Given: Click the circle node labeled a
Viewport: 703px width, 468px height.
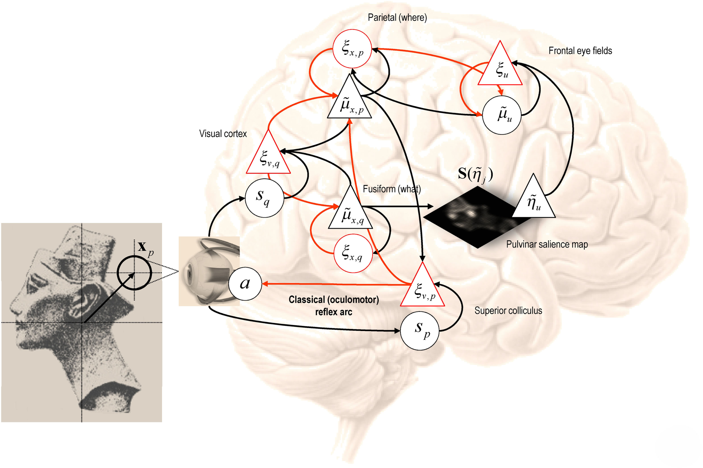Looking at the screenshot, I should coord(245,284).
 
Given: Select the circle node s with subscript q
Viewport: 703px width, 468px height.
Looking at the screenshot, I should coord(264,198).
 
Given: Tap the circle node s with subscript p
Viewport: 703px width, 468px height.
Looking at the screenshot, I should coord(420,330).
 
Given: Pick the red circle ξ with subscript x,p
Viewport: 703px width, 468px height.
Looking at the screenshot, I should coord(352,49).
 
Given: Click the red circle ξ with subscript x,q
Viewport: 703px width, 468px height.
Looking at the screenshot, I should coord(353,254).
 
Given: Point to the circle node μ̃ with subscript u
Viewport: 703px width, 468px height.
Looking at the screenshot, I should coord(502,115).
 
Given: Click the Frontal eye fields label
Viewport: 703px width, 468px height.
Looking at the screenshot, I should coord(580,51).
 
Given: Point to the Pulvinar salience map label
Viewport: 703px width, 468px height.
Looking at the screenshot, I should coord(547,245).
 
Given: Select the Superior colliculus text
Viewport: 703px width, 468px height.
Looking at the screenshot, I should coord(508,311).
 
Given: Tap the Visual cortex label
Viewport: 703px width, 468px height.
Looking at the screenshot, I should coord(223,134).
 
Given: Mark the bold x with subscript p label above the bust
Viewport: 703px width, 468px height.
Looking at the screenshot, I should coord(145,248).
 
